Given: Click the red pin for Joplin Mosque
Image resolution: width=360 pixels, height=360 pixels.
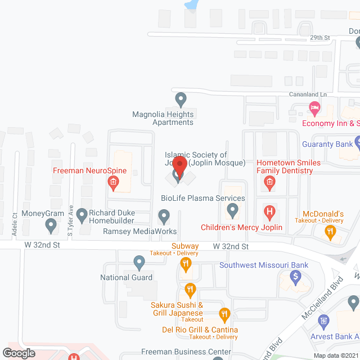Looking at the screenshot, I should (x=179, y=166).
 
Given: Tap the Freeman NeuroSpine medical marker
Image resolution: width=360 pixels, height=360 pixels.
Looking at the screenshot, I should (x=113, y=182).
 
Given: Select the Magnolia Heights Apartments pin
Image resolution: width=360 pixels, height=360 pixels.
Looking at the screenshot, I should (x=181, y=100).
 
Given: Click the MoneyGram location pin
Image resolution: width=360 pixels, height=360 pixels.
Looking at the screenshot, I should (x=51, y=226).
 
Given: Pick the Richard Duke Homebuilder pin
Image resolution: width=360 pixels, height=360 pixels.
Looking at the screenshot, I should (x=82, y=214).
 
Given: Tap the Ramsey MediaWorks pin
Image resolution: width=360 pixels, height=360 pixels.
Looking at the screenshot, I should (x=164, y=215).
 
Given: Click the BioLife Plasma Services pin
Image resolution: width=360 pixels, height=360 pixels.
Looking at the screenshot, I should (x=232, y=211).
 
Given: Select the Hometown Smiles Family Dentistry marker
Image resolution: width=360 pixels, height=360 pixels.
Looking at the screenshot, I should (x=269, y=182).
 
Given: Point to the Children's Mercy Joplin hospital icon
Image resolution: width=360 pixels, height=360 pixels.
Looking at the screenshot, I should (x=269, y=213).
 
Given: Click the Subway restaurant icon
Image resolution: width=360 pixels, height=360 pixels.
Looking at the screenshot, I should (x=183, y=263).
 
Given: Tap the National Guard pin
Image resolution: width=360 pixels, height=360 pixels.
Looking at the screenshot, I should (x=139, y=262).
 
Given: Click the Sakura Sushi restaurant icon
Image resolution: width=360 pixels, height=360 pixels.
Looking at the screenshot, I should (x=190, y=290).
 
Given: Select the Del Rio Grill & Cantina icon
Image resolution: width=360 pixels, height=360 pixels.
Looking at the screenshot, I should (x=224, y=314).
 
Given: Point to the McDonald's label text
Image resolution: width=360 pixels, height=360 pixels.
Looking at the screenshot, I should (x=323, y=214).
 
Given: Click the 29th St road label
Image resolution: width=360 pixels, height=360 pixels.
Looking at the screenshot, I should (x=319, y=38).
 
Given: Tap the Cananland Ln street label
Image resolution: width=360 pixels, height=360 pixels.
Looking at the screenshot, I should (x=308, y=94).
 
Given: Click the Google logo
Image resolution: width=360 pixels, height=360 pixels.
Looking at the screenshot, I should (x=19, y=353).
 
